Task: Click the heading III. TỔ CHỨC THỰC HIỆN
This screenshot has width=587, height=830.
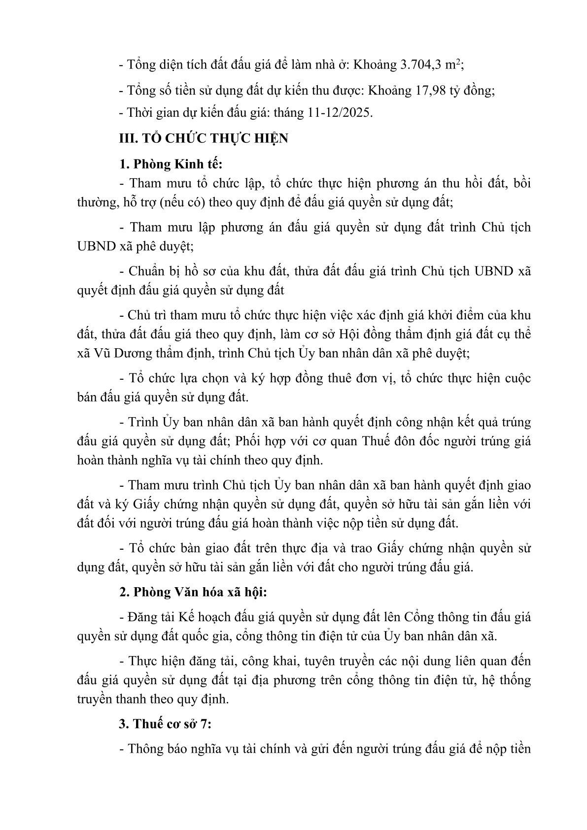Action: pos(204,138)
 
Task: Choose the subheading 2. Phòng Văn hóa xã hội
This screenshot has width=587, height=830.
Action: pos(193,593)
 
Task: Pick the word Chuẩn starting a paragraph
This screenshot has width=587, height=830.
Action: pos(145,271)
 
